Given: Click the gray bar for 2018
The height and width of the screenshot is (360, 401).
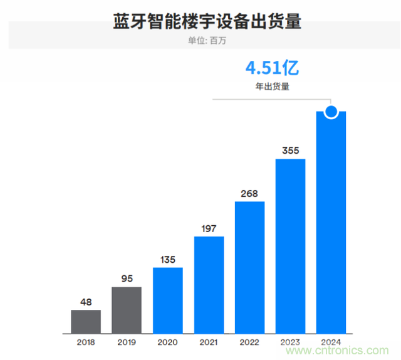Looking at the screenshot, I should [x=86, y=321].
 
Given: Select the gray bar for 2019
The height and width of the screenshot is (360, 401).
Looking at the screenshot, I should [x=127, y=310].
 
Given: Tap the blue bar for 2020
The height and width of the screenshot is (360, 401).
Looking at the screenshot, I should [x=168, y=300].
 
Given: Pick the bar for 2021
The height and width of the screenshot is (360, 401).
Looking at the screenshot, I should [x=209, y=285].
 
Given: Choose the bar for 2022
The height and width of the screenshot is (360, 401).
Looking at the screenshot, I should [x=249, y=267].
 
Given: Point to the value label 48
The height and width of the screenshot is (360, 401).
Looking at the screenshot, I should [x=86, y=302].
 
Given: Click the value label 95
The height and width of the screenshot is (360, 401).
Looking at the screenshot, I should [x=127, y=279].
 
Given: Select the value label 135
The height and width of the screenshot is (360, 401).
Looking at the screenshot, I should [x=168, y=259].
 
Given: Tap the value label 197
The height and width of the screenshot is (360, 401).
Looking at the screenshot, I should [x=209, y=228].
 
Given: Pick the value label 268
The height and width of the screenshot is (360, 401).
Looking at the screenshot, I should [x=249, y=193].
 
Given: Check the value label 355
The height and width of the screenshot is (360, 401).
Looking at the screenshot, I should [x=291, y=151].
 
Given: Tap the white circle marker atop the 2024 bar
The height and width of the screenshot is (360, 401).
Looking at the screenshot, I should [x=331, y=112].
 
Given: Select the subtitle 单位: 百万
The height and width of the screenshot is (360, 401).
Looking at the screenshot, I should [x=207, y=41].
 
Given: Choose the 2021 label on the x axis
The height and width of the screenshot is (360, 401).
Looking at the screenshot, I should [x=209, y=342].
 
